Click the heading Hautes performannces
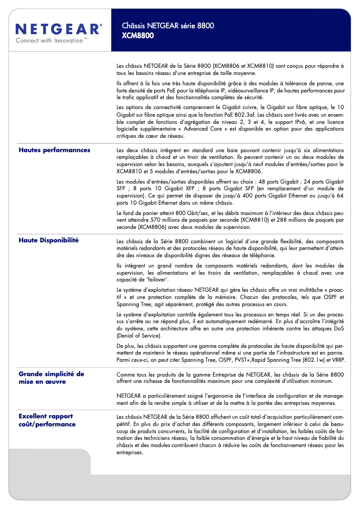coord(54,150)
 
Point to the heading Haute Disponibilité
coord(48,240)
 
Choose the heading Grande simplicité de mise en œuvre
coord(51,377)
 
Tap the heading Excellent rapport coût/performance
coord(47,420)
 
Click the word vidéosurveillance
coord(245,90)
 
